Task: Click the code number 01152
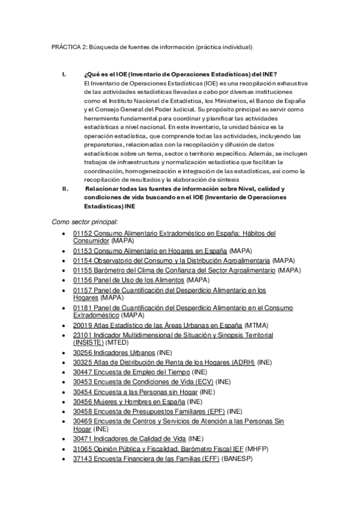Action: pos(81,233)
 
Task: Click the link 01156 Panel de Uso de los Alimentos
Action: pos(128,280)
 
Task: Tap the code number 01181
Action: pos(81,308)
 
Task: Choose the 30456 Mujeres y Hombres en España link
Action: pos(129,401)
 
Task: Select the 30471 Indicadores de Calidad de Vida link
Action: pos(129,439)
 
